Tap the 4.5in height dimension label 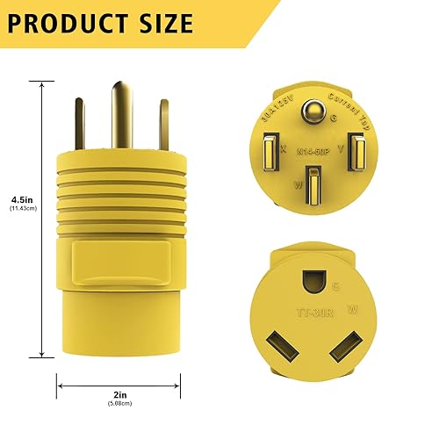point(20,198)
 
